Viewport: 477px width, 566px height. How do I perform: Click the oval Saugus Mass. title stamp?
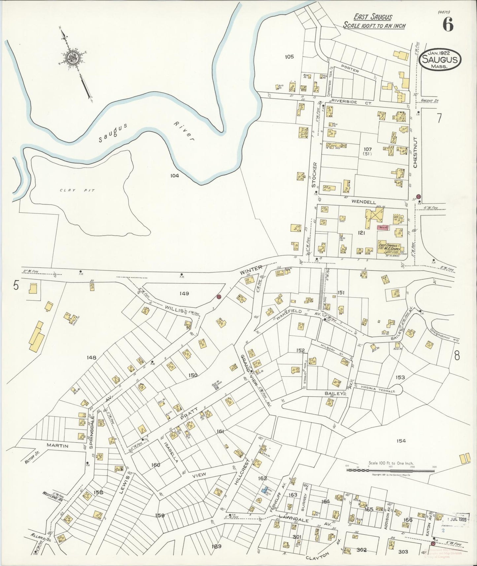pyautogui.click(x=440, y=60)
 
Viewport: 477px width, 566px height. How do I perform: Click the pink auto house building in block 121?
pyautogui.click(x=384, y=228)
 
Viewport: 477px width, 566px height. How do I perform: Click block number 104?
pyautogui.click(x=175, y=176)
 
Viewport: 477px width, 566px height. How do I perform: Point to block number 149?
pyautogui.click(x=184, y=293)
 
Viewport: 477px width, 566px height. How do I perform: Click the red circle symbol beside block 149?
pyautogui.click(x=219, y=297)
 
